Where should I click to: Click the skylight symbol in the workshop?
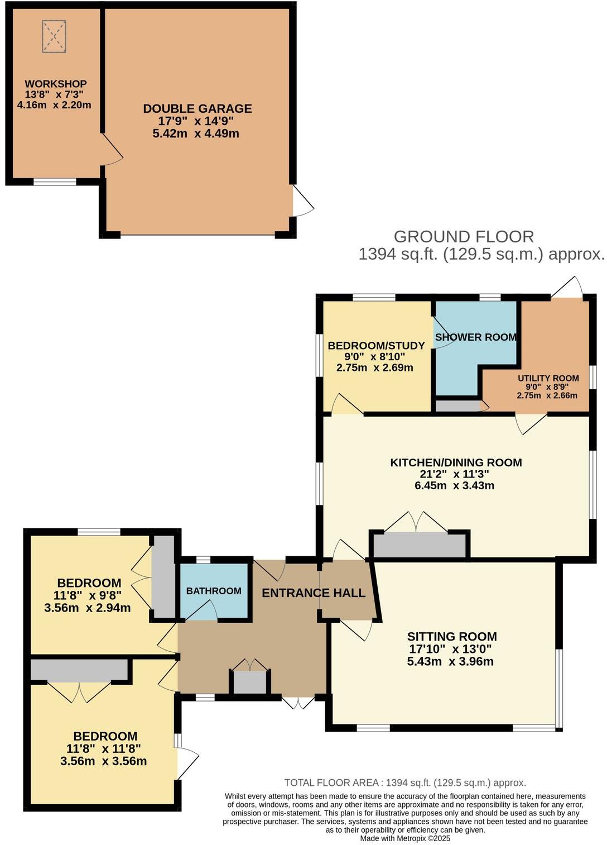click(55, 36)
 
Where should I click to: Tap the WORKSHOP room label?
click(55, 84)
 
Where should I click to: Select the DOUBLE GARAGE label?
click(197, 109)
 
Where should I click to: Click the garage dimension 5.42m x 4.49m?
click(196, 133)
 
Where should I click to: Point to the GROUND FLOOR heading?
click(464, 237)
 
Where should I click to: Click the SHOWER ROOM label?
click(475, 337)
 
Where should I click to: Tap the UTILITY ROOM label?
click(548, 378)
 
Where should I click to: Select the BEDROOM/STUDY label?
click(376, 346)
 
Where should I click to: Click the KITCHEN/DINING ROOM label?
click(456, 462)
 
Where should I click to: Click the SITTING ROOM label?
click(452, 636)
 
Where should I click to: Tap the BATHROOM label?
click(214, 591)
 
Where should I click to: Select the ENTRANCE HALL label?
click(314, 593)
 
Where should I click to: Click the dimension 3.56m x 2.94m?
click(88, 608)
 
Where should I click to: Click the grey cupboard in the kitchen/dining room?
click(420, 545)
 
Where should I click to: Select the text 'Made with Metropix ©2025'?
click(405, 838)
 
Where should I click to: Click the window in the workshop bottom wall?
click(55, 182)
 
